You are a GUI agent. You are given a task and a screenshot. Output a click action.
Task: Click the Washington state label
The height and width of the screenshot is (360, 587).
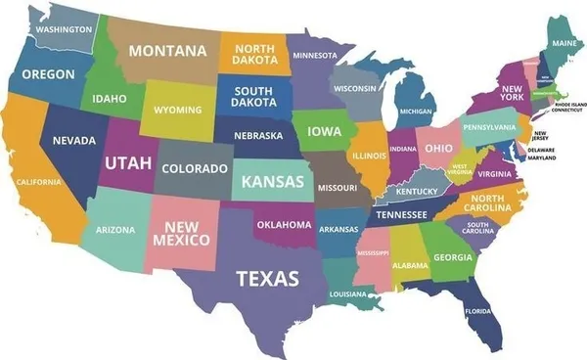(x=64, y=29)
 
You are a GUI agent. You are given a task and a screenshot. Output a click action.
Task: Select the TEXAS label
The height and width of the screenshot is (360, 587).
(x=267, y=279)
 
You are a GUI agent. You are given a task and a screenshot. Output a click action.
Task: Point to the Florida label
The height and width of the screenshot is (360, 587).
(x=478, y=312)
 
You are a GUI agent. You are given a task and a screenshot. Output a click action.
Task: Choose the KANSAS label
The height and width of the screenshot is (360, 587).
(x=272, y=181)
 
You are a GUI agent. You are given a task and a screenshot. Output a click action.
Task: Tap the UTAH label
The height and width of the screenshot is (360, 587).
(x=128, y=162)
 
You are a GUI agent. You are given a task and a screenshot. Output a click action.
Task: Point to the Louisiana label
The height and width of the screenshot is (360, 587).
(x=347, y=294)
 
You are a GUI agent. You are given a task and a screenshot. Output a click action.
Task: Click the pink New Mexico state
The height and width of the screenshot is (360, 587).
(x=181, y=233)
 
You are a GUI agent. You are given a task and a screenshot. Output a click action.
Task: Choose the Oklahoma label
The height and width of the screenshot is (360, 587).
(x=285, y=224)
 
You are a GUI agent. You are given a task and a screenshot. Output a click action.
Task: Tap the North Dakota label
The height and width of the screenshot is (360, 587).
(x=253, y=56)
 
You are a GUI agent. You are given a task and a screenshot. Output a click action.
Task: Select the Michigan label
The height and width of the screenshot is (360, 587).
(x=417, y=112)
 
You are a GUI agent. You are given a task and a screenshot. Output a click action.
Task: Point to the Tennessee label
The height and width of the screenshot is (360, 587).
(x=402, y=214)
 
